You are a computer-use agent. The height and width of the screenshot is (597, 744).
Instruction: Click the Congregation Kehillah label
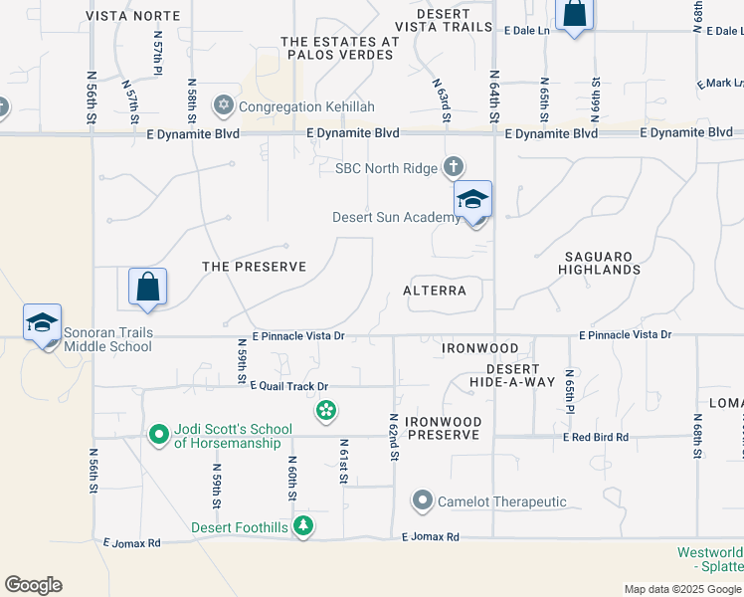(x=294, y=106)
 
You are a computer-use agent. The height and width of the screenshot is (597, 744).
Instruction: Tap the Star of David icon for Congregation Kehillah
(x=224, y=105)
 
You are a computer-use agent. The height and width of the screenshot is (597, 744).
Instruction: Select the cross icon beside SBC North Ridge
(x=454, y=167)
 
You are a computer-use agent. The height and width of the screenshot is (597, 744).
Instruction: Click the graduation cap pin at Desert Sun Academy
(x=472, y=199)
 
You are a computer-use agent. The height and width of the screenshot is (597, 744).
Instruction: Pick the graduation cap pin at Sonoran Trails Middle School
(x=43, y=322)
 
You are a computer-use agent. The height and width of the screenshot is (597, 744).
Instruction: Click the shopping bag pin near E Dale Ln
(x=574, y=14)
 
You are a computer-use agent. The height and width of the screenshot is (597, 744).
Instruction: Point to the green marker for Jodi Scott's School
(x=158, y=434)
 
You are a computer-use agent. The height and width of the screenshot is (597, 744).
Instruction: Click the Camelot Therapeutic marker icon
(x=423, y=501)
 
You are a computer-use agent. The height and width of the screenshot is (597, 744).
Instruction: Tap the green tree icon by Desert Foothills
(x=303, y=526)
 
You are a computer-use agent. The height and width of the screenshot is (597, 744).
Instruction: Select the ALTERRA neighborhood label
(x=435, y=291)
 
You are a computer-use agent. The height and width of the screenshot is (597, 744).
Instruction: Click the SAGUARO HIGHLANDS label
(x=599, y=263)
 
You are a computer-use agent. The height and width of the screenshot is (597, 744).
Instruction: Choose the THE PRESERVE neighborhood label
(x=254, y=267)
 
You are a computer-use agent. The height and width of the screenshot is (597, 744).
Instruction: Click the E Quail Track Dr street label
(x=288, y=386)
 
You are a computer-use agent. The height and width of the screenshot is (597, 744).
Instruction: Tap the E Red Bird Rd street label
(x=596, y=437)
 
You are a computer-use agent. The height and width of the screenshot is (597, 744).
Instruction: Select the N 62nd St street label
(x=394, y=438)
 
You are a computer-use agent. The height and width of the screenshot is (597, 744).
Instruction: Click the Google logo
(x=33, y=585)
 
